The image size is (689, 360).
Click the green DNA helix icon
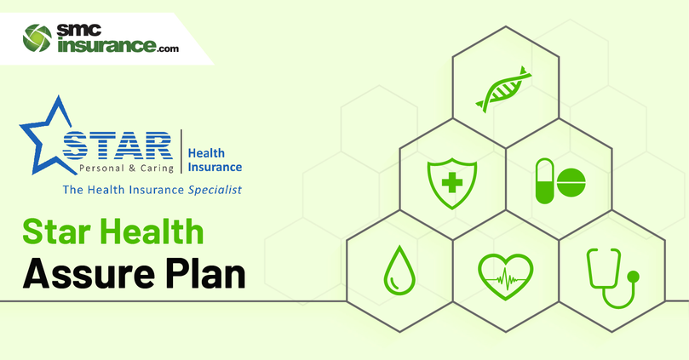tap(503, 89)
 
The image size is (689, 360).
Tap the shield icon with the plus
tap(452, 183)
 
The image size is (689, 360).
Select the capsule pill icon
tap(545, 181)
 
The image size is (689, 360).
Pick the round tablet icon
tap(571, 182)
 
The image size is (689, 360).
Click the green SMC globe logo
tap(37, 38)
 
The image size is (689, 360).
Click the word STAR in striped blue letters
tap(118, 145)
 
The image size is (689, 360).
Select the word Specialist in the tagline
tap(215, 190)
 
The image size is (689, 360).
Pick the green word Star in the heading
tap(57, 231)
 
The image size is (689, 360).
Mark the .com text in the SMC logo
tap(168, 49)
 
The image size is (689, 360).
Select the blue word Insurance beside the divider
tap(215, 168)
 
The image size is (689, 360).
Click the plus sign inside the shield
tap(452, 182)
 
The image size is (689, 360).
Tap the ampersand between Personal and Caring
tap(132, 169)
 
